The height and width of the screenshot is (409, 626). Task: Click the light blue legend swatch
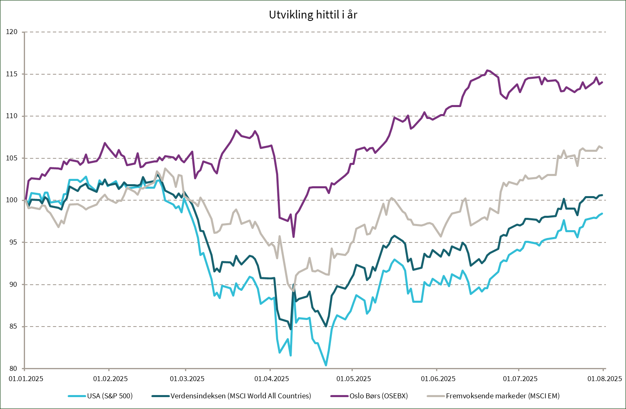[x=77, y=396]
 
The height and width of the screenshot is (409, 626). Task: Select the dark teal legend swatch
[x=160, y=396]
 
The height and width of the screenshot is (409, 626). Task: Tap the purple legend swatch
[x=339, y=396]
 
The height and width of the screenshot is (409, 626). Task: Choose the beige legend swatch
[x=436, y=396]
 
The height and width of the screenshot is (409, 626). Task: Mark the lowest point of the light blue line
[x=326, y=365]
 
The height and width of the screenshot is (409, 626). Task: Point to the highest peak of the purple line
[x=487, y=70]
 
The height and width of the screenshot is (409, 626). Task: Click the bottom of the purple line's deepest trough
[x=293, y=237]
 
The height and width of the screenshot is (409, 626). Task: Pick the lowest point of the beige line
[x=293, y=291]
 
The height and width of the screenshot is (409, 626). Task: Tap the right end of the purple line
[x=602, y=82]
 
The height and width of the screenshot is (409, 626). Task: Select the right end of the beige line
[x=602, y=148]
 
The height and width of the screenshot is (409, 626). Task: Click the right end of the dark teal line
[x=602, y=195]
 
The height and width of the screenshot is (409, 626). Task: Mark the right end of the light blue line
[x=602, y=214]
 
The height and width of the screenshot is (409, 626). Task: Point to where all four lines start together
[x=25, y=200]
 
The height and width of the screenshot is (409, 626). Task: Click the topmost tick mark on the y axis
[x=23, y=32]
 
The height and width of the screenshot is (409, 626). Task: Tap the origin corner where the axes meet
[x=25, y=368]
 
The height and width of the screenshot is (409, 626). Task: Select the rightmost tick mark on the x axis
[x=603, y=370]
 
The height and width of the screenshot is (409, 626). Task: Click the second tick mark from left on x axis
[x=109, y=370]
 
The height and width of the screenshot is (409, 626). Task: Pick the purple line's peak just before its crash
[x=236, y=130]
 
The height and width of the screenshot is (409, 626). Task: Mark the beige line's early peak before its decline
[x=165, y=168]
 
